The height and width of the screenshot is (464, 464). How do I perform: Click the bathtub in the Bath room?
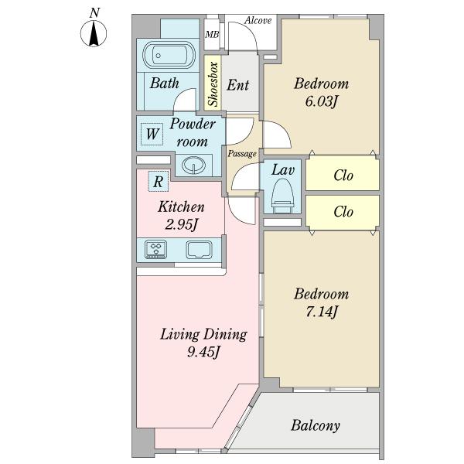(169, 55)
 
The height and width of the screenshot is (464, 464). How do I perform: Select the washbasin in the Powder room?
(193, 165)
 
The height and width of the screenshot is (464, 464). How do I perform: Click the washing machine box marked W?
(152, 134)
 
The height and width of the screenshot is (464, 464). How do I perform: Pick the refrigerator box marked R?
(159, 182)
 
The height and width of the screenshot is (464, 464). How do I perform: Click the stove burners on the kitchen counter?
(155, 249)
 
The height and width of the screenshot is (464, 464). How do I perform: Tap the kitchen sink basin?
(200, 249)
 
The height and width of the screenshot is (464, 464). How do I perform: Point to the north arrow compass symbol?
(94, 32)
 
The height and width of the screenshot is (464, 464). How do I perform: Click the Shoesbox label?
(213, 84)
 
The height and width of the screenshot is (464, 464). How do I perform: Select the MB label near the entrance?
(212, 35)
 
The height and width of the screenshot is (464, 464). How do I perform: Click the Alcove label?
(258, 20)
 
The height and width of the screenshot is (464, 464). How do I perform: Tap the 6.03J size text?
(321, 102)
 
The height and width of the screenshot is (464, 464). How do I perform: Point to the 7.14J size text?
(322, 312)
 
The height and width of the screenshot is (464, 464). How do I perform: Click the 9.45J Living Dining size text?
(203, 352)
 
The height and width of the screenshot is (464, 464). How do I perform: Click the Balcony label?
(316, 425)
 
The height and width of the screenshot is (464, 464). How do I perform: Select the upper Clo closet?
(343, 173)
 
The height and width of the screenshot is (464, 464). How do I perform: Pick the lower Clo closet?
(343, 211)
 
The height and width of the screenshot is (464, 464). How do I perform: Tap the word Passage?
(242, 154)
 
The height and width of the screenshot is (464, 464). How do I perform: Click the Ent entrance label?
(238, 85)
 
